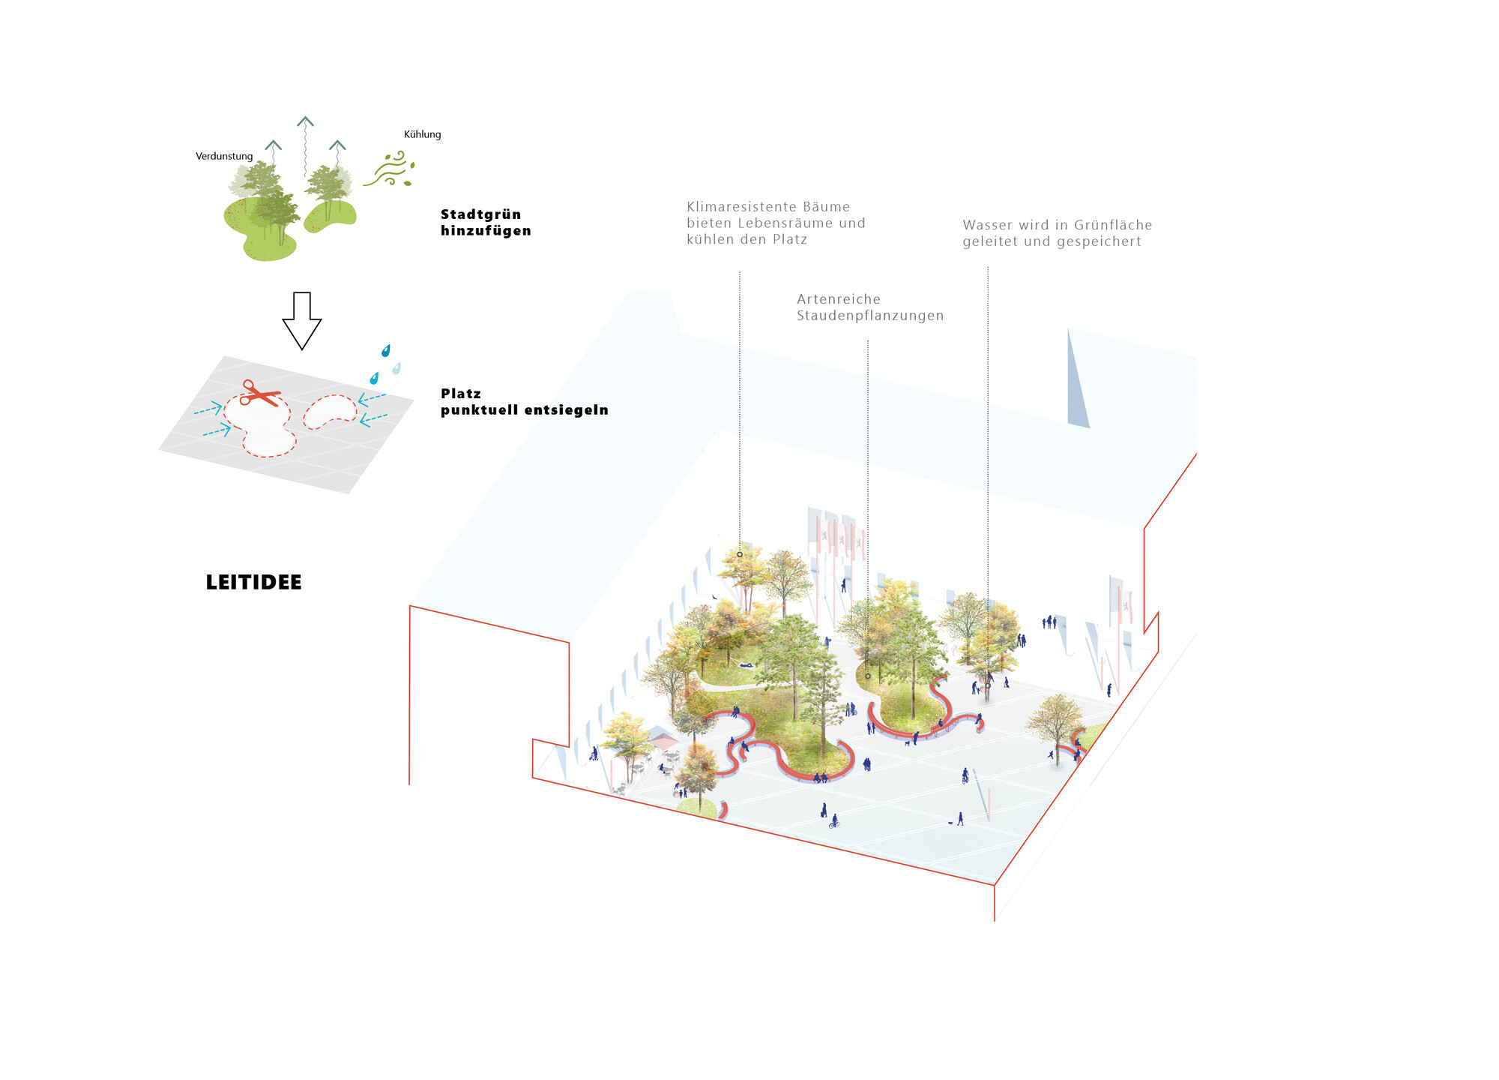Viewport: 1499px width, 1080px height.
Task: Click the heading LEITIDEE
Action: (253, 582)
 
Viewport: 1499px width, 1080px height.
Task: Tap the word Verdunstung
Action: (224, 156)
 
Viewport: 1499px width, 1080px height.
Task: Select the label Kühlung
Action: (423, 134)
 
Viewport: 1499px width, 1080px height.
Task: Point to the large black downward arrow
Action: (302, 321)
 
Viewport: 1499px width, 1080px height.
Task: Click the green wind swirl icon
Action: (389, 169)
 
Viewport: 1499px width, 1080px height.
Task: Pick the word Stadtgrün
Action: (480, 214)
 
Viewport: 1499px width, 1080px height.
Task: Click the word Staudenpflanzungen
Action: (870, 316)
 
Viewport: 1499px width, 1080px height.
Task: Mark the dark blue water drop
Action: (386, 350)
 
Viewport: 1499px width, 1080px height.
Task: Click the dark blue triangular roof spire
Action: (1076, 382)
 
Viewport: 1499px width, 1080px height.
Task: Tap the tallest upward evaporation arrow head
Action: (304, 121)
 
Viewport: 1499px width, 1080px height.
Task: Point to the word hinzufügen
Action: (486, 231)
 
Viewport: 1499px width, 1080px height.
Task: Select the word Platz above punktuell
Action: (461, 394)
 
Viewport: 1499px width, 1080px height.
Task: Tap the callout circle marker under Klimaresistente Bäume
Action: (740, 554)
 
